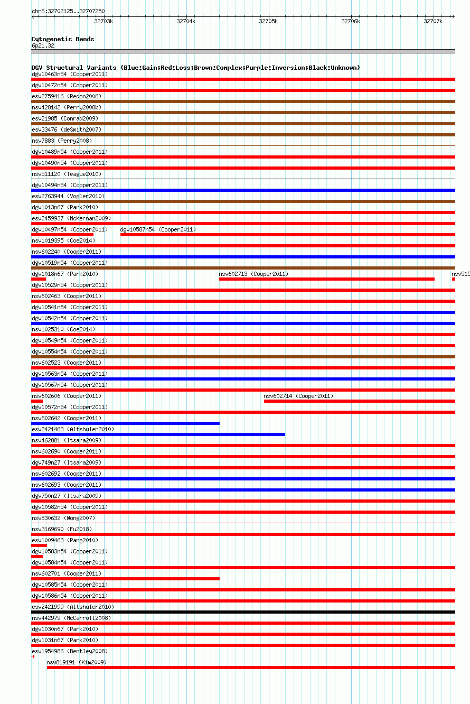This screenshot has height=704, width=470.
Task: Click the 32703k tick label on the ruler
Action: point(104,22)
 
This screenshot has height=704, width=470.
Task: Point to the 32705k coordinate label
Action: point(268,22)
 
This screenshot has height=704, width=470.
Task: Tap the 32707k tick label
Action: point(433,22)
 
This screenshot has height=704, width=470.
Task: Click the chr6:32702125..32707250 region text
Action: point(68,11)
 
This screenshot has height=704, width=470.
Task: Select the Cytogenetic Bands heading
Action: point(63,39)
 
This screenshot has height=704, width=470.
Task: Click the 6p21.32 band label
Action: point(43,45)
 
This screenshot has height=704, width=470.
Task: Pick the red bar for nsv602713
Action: point(326,279)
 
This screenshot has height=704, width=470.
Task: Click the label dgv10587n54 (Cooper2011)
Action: point(158,229)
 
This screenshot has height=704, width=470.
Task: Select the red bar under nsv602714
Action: point(359,401)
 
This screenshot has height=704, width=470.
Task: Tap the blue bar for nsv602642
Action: point(125,423)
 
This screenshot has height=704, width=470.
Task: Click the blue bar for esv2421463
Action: point(158,434)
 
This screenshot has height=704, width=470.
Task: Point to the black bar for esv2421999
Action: point(243,612)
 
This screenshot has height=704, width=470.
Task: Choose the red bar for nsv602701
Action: point(125,579)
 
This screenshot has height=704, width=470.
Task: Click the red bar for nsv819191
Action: point(251,668)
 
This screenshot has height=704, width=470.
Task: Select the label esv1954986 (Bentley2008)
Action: point(69,651)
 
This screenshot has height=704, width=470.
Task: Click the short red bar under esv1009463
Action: point(39,545)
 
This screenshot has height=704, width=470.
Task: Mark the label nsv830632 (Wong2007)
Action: point(63,518)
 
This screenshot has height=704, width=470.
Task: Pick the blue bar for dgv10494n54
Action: point(243,190)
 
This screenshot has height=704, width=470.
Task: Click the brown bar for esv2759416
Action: point(243,101)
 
